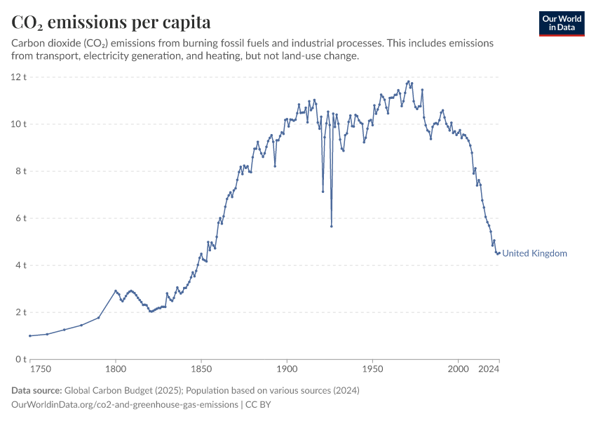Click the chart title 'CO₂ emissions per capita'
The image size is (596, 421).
point(111,22)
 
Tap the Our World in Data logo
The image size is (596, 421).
point(561,23)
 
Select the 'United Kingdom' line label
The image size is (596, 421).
point(534,253)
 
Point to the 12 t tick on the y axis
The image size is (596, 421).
point(18,76)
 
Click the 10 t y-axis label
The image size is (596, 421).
point(18,123)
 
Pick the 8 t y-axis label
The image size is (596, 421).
point(20,171)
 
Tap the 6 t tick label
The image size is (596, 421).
point(20,218)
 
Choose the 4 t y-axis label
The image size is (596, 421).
point(20,265)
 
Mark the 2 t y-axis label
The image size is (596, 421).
point(20,312)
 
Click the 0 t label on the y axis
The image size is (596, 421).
point(20,359)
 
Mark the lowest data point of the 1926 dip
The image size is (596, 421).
point(331,226)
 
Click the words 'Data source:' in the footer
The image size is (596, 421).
point(36,390)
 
